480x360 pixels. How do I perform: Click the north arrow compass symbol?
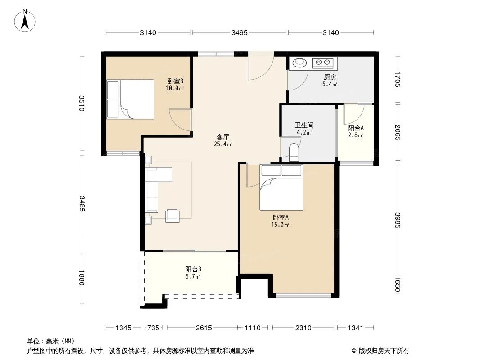point(26,20)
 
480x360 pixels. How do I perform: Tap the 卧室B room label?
point(175,85)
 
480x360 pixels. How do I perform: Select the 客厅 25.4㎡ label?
point(223,140)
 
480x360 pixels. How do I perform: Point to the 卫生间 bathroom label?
point(304,129)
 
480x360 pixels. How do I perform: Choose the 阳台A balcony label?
point(356,131)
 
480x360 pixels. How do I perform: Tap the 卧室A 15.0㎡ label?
point(281,220)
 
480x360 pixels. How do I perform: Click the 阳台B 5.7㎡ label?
point(193,273)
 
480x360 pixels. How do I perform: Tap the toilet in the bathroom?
point(294,152)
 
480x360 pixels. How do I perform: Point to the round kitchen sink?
point(299,63)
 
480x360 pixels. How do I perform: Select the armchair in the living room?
point(172,216)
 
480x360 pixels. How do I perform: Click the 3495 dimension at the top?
point(239,32)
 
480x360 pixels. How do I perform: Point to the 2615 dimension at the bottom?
point(204,328)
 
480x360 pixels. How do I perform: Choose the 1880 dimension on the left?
point(81,277)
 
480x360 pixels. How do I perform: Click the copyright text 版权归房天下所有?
point(383,351)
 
